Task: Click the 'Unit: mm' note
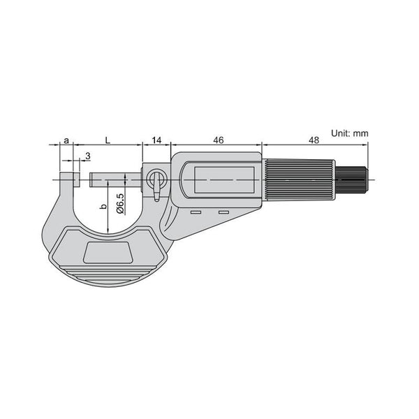pyautogui.click(x=350, y=133)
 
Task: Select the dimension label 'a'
pyautogui.click(x=66, y=140)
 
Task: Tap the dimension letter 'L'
pyautogui.click(x=107, y=140)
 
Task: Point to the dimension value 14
pyautogui.click(x=157, y=140)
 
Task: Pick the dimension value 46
pyautogui.click(x=218, y=140)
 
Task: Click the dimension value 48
pyautogui.click(x=314, y=140)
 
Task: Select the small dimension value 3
pyautogui.click(x=87, y=156)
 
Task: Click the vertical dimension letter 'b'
pyautogui.click(x=103, y=207)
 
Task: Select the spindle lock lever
pyautogui.click(x=156, y=184)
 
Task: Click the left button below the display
pyautogui.click(x=196, y=213)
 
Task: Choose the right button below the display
pyautogui.click(x=223, y=213)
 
